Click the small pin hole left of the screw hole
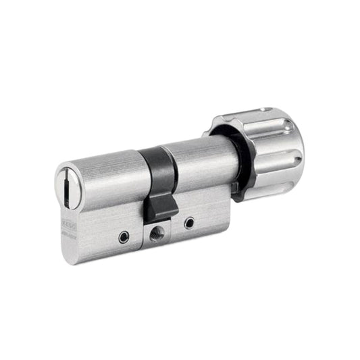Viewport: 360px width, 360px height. click(122, 237)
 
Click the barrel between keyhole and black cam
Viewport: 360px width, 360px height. click(108, 177)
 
